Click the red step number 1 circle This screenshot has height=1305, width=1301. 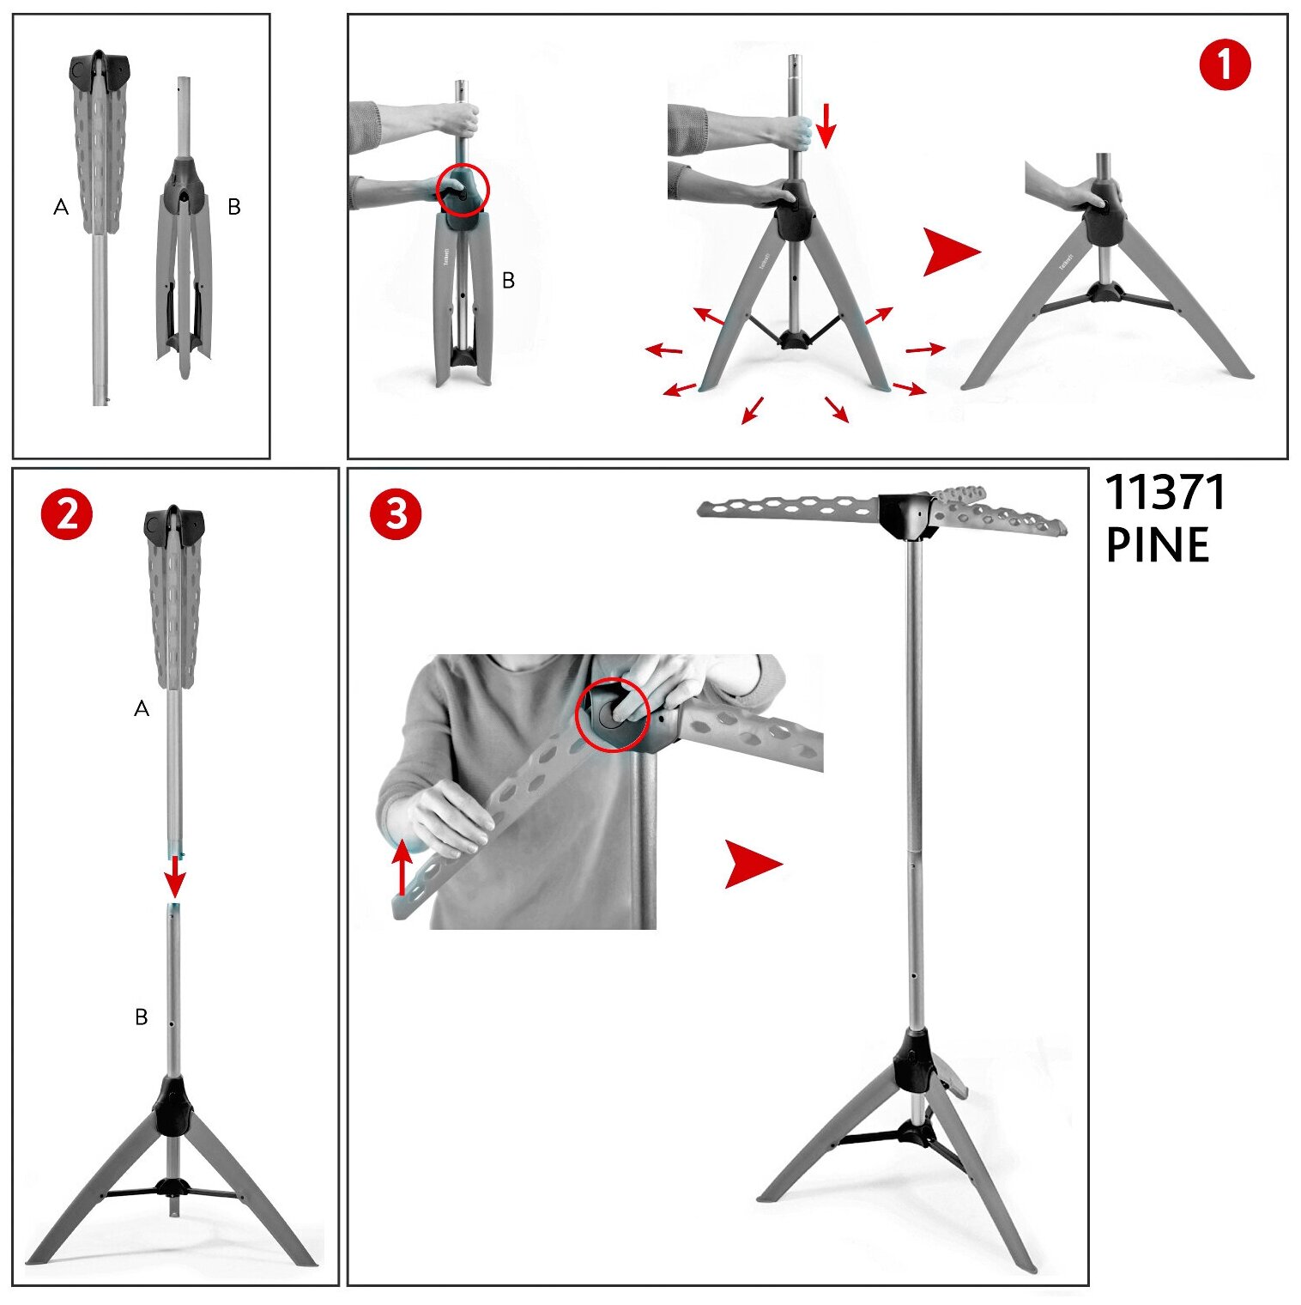[x=1225, y=65]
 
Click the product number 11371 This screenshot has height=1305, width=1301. [x=1165, y=493]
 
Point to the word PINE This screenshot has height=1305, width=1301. [x=1158, y=545]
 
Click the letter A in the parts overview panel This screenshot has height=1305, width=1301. [x=61, y=207]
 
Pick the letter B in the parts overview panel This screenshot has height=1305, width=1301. [x=233, y=207]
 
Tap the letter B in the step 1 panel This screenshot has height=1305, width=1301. [x=508, y=280]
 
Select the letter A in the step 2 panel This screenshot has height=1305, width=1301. [x=142, y=708]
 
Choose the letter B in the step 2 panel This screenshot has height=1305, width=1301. [x=142, y=1017]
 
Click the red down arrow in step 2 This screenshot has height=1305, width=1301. [x=176, y=874]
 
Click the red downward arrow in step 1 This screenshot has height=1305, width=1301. [x=826, y=125]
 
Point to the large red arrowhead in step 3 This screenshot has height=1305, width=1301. [x=753, y=864]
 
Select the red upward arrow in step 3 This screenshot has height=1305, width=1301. [x=402, y=867]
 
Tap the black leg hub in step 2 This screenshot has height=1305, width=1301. [x=172, y=1107]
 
